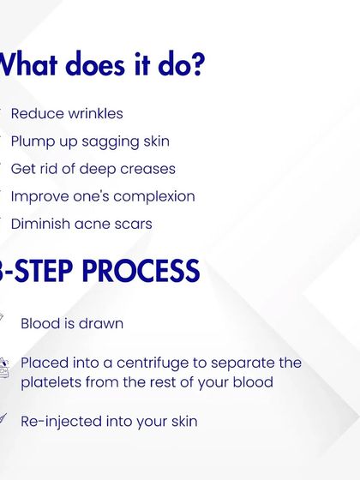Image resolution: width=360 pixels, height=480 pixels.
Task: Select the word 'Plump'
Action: click(x=32, y=141)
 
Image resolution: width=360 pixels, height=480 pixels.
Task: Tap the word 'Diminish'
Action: click(x=40, y=223)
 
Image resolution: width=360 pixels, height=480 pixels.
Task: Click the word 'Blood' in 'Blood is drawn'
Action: click(x=40, y=323)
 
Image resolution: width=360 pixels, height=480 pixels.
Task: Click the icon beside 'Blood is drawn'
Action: click(x=3, y=320)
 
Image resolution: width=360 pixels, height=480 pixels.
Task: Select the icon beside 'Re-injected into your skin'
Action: click(x=3, y=419)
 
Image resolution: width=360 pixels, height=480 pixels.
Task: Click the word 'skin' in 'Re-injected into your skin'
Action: click(x=182, y=421)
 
